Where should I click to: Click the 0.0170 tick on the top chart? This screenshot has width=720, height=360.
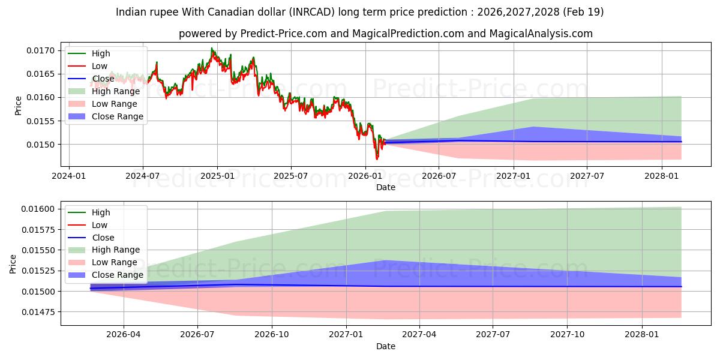pyautogui.click(x=41, y=50)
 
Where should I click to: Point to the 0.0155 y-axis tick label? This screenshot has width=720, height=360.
pyautogui.click(x=41, y=121)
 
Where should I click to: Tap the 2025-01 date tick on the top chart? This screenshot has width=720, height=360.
pyautogui.click(x=217, y=176)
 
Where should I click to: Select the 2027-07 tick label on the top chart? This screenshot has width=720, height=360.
pyautogui.click(x=587, y=176)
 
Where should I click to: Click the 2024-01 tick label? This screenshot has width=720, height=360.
pyautogui.click(x=69, y=176)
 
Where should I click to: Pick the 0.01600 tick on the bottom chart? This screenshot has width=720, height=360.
pyautogui.click(x=38, y=209)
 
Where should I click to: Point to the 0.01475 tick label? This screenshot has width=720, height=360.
pyautogui.click(x=38, y=312)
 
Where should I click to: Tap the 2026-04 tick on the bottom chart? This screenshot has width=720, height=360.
pyautogui.click(x=124, y=334)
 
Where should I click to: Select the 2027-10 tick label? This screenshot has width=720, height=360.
pyautogui.click(x=568, y=334)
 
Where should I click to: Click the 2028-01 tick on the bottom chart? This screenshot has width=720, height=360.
pyautogui.click(x=642, y=334)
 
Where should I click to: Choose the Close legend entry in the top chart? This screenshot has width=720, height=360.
pyautogui.click(x=91, y=79)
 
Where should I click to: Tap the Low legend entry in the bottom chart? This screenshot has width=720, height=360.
pyautogui.click(x=88, y=225)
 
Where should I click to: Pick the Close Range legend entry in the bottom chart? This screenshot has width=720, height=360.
pyautogui.click(x=106, y=275)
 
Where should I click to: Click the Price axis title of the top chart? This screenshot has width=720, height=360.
pyautogui.click(x=18, y=106)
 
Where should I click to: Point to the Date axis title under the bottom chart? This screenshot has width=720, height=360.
pyautogui.click(x=386, y=346)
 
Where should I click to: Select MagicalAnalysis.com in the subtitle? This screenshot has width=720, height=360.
pyautogui.click(x=541, y=34)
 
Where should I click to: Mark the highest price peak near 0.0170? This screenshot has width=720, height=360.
pyautogui.click(x=211, y=48)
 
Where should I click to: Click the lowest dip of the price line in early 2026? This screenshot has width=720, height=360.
pyautogui.click(x=377, y=160)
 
